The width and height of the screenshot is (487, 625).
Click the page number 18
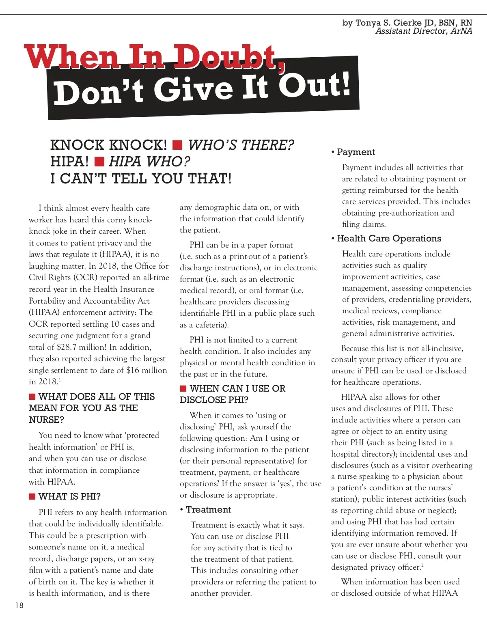(x=19, y=605)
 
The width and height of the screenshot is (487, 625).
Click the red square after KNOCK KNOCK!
(x=177, y=145)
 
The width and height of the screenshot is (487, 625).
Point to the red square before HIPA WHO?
(x=99, y=162)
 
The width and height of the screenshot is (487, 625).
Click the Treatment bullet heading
(x=208, y=509)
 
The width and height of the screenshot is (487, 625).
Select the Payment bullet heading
(x=356, y=152)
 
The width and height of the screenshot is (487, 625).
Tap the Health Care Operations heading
(x=389, y=238)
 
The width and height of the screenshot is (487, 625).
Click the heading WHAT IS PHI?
(x=69, y=496)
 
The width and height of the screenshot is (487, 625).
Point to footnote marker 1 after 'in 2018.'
(x=60, y=379)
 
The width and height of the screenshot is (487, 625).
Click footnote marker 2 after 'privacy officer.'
(x=422, y=565)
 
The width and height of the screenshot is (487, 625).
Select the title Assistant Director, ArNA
(x=424, y=31)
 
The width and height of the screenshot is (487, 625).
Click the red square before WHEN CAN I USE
(x=183, y=389)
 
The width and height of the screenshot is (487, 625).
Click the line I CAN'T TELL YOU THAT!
(x=141, y=179)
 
